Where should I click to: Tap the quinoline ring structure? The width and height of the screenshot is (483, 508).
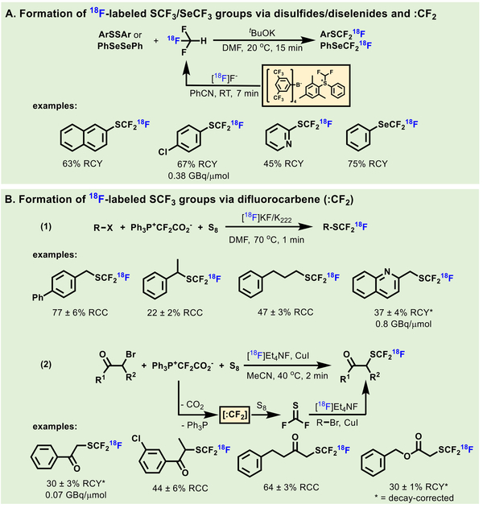[373, 287]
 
